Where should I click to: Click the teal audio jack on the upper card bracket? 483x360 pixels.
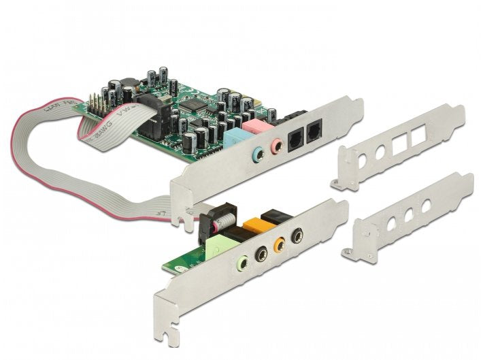tap(258, 153)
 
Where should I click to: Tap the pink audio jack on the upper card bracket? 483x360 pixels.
tap(277, 145)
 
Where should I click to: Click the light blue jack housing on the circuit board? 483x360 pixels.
tap(235, 136)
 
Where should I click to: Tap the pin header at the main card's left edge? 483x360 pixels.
tap(95, 106)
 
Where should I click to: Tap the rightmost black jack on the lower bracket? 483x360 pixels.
tap(297, 235)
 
